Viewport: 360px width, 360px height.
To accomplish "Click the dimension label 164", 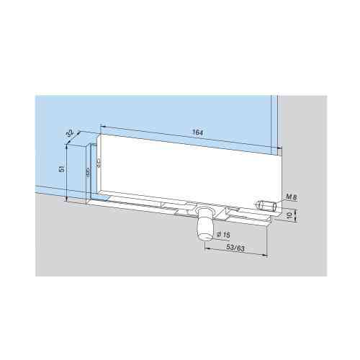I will coord(197,132).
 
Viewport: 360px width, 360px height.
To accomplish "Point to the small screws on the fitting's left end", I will coord(88,172).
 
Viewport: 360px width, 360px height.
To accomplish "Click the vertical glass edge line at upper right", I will coord(272,122).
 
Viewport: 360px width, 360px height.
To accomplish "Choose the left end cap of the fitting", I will coord(93,173).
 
